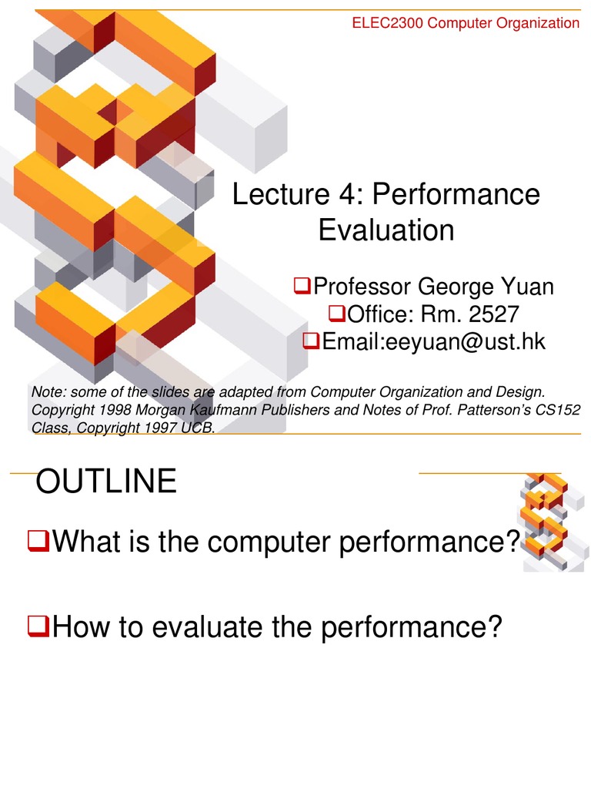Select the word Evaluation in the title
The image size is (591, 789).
[x=386, y=230]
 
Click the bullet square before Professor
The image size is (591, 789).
[x=302, y=288]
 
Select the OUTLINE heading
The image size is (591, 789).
[x=107, y=482]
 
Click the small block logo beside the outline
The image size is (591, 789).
[x=546, y=520]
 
